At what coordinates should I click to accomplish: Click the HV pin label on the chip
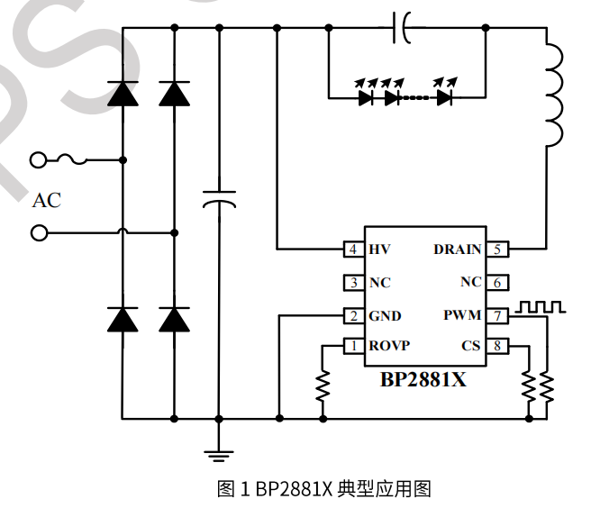380,249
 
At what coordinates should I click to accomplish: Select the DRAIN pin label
457,249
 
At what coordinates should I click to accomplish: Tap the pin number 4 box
354,249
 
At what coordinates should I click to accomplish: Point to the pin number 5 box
497,249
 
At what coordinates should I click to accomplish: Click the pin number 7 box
497,315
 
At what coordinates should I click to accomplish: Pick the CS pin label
471,347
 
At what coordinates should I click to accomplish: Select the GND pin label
386,316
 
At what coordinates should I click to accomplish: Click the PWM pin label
463,315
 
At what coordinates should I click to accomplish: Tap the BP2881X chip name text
423,379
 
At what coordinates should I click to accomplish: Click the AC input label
47,200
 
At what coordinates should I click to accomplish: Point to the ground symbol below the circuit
218,455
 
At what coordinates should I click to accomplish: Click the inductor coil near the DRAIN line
552,95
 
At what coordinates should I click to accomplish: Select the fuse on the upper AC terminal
71,160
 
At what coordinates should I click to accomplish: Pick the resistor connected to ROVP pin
323,385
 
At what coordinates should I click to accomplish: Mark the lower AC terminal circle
39,233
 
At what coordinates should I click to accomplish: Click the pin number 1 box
354,347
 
